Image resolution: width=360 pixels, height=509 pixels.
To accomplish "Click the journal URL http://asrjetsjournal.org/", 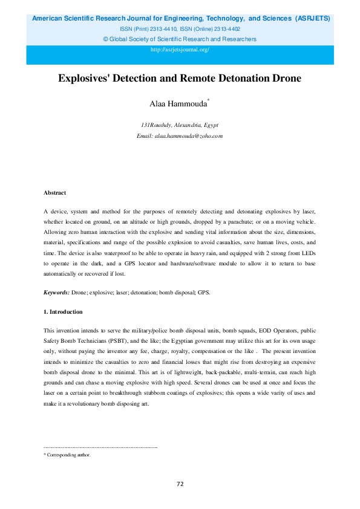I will point(180,49).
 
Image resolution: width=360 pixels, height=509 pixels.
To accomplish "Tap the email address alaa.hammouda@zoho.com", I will point(188,136).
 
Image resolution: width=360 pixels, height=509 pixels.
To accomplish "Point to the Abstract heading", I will point(54,193).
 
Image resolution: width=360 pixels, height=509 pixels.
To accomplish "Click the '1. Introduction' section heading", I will point(63,312).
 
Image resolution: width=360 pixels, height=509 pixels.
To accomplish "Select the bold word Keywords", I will point(56,293).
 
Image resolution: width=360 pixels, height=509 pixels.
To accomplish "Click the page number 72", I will point(180,484).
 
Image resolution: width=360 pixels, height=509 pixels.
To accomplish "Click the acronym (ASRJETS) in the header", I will point(312,19).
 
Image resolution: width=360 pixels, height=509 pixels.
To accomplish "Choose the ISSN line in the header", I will point(180,28).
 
